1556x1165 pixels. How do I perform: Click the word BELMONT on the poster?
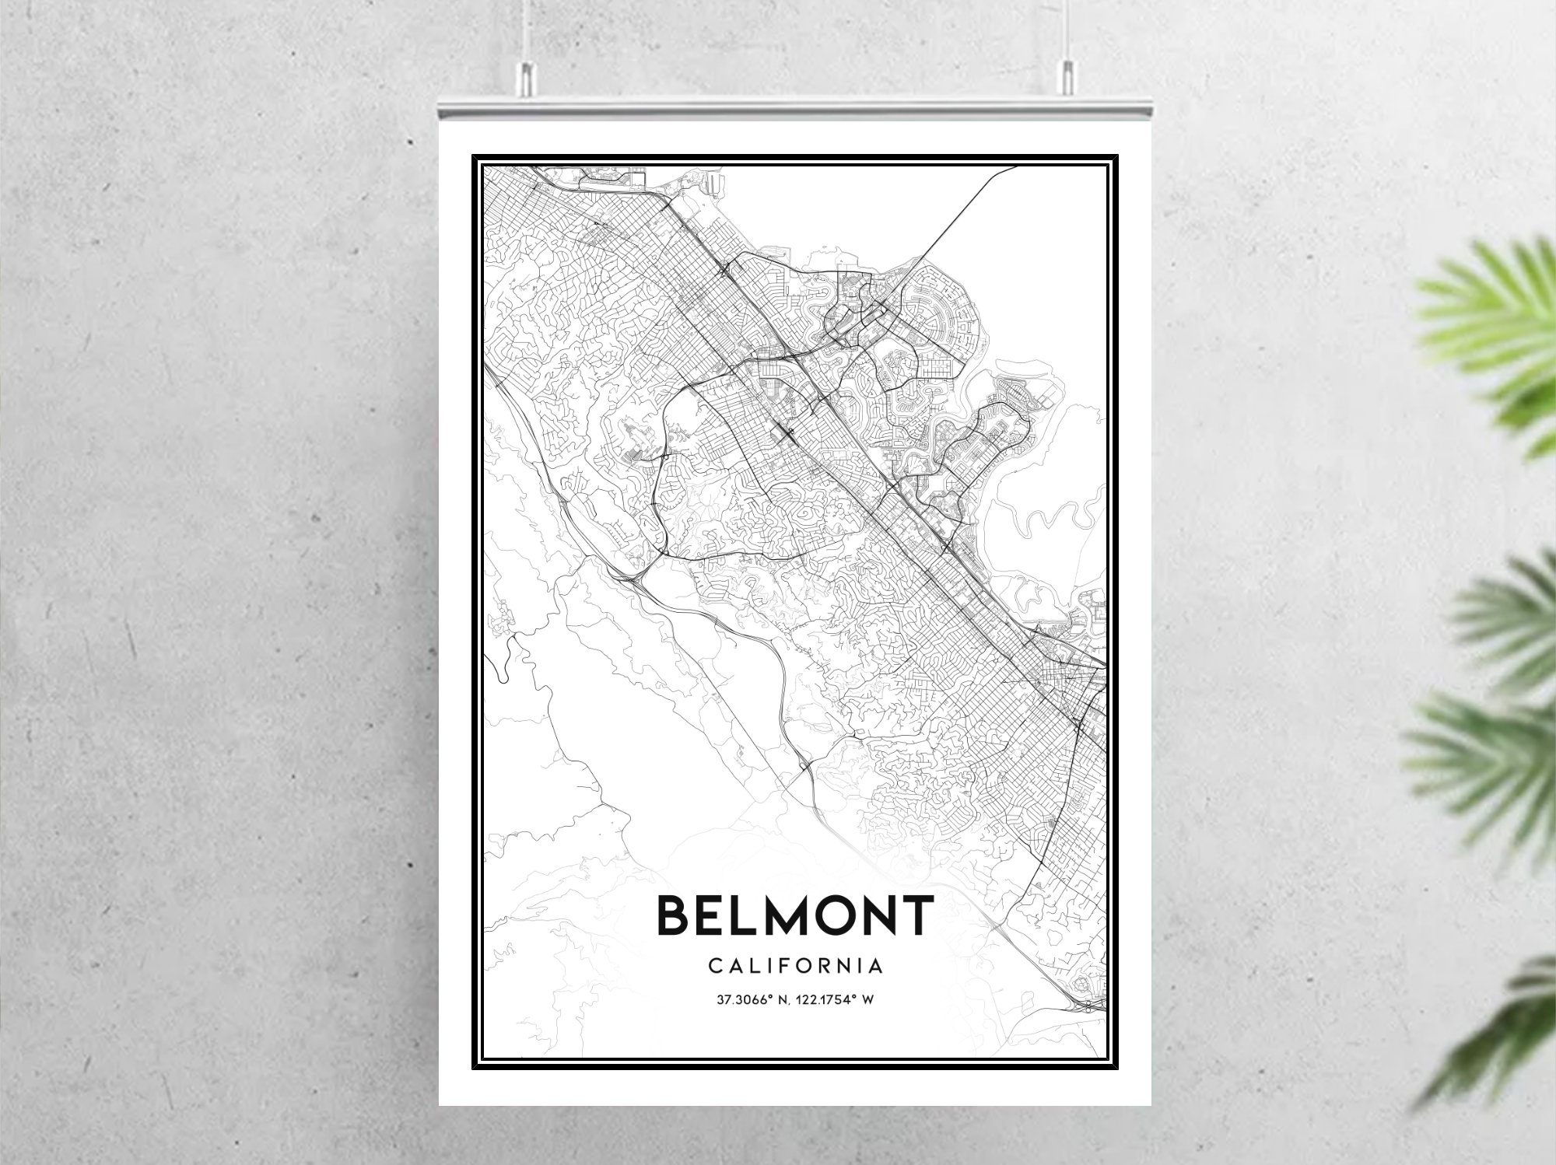coord(795,915)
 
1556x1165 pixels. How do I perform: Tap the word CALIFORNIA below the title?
coord(795,966)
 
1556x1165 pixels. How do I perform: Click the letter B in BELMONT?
coord(675,915)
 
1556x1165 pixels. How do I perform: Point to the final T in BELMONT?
coord(917,915)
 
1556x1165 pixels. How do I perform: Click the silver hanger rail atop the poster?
coord(795,109)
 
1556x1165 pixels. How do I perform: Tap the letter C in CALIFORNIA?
coord(713,966)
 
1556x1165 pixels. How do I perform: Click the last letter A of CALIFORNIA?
coord(877,966)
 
